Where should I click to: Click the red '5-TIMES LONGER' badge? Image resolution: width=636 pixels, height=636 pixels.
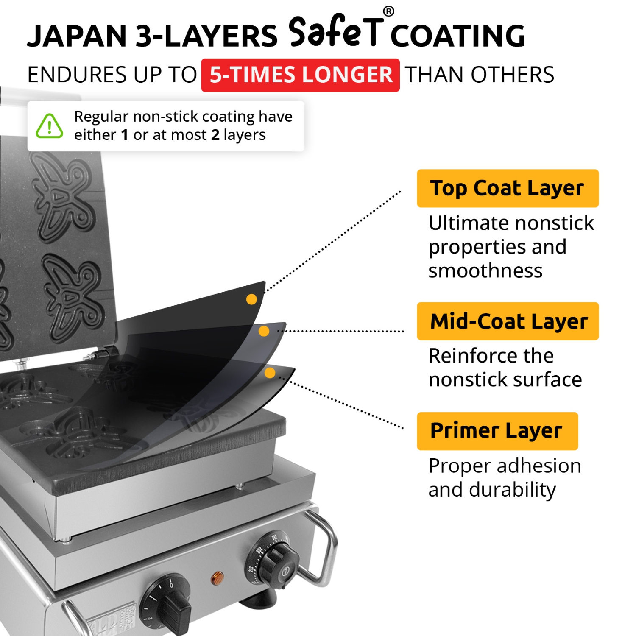pos(300,75)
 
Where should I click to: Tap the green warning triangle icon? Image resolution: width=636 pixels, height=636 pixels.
pos(50,126)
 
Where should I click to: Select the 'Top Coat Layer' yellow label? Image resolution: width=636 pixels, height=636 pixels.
pos(508,188)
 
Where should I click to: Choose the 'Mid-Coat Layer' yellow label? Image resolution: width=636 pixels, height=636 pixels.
pos(508,321)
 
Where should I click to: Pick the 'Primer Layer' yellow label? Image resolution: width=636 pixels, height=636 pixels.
pos(497,431)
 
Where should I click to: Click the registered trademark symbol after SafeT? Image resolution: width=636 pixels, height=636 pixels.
pos(388,11)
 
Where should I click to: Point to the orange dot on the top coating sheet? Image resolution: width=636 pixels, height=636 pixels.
pos(251,299)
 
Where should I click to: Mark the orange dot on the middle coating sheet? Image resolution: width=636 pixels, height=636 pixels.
pos(264,331)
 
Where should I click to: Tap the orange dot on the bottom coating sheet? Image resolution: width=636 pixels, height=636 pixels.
pos(270,373)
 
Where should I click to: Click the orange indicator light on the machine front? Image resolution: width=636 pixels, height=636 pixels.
pos(217,577)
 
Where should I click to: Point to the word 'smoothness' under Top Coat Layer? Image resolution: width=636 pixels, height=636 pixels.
pos(485,271)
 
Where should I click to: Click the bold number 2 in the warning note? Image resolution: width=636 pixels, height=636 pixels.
pos(215,135)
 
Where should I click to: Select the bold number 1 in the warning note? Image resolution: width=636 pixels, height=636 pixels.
pos(125,135)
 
